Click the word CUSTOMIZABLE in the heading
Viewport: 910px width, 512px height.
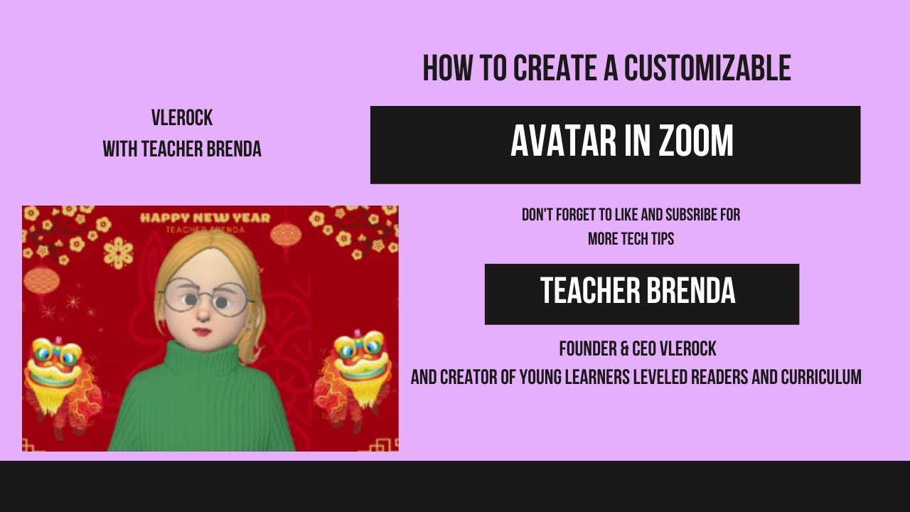click(x=707, y=68)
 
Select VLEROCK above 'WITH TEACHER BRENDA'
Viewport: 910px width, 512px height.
click(x=182, y=117)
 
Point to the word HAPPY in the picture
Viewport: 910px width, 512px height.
click(x=163, y=218)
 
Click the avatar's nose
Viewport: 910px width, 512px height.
click(x=203, y=312)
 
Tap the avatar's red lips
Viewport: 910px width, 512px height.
click(x=203, y=331)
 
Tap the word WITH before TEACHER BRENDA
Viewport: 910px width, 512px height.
click(x=120, y=149)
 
